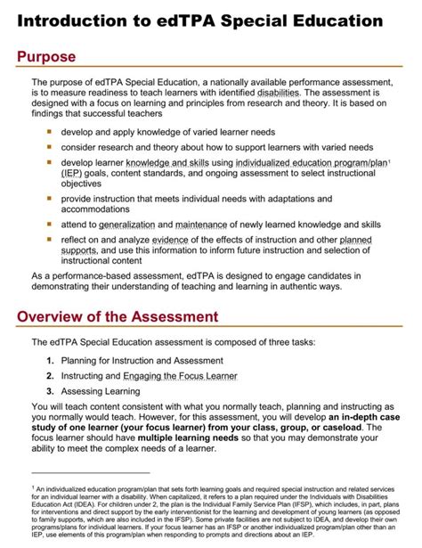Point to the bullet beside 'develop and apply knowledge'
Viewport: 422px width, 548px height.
[49, 131]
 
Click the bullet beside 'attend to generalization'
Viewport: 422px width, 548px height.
[49, 225]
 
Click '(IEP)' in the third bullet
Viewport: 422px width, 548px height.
[73, 175]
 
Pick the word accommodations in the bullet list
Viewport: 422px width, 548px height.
[101, 209]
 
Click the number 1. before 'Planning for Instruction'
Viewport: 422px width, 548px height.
[51, 361]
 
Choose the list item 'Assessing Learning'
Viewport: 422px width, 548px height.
[102, 393]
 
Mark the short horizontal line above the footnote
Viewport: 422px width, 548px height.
[89, 473]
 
